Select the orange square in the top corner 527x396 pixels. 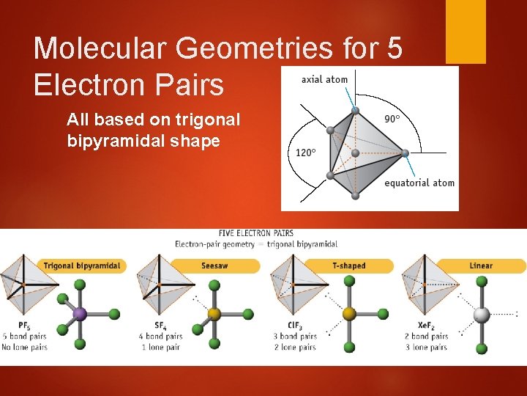click(466, 31)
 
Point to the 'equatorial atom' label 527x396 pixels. click(419, 183)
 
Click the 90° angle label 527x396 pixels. click(392, 118)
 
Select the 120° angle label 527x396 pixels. click(304, 153)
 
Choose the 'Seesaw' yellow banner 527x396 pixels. click(212, 265)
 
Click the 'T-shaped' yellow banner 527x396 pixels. click(348, 265)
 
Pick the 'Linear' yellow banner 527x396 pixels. click(481, 265)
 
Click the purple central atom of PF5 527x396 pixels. click(80, 315)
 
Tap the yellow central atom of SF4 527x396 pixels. click(214, 315)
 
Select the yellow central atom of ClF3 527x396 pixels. click(349, 314)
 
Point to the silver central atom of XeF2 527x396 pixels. click(481, 315)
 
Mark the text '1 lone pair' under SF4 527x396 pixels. click(160, 347)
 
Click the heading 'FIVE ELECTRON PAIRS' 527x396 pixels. click(255, 234)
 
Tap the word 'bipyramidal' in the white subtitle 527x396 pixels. click(316, 243)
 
